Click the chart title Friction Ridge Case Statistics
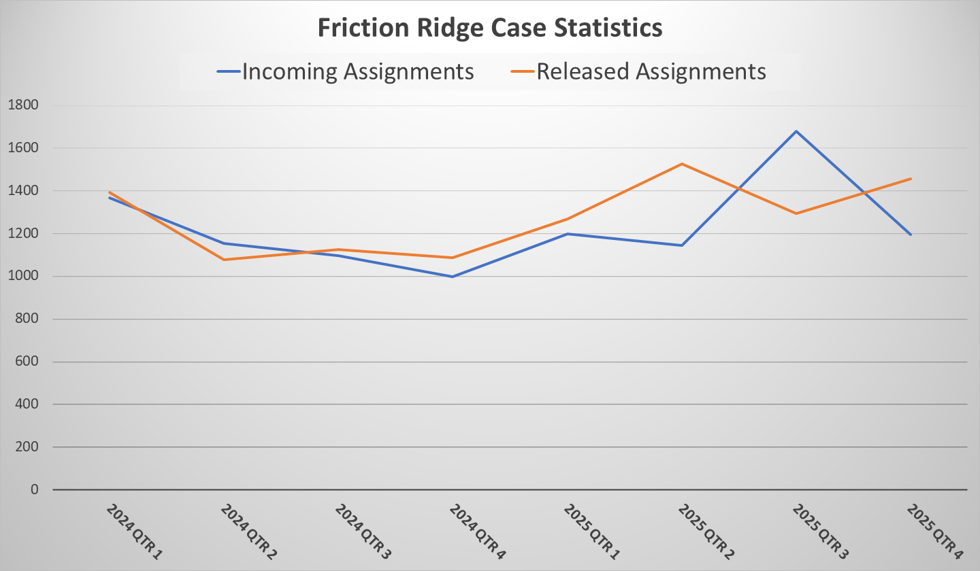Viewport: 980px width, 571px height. [x=490, y=29]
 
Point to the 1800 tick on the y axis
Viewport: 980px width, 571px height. [x=24, y=105]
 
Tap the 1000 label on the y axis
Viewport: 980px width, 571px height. [x=24, y=277]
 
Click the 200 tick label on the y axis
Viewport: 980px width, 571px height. [x=28, y=447]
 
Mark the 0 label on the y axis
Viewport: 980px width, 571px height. [x=35, y=490]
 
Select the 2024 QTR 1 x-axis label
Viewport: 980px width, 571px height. [x=134, y=532]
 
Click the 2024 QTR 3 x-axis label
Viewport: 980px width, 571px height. [x=363, y=532]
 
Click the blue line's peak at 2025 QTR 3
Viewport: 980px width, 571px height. [x=796, y=131]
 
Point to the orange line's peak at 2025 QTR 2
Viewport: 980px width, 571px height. [x=682, y=164]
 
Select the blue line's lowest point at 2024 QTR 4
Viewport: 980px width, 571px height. [x=452, y=277]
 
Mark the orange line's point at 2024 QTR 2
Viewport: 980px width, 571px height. [x=223, y=260]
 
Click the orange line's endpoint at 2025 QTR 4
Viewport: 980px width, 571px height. [x=911, y=179]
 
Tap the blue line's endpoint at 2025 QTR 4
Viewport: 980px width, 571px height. [x=911, y=235]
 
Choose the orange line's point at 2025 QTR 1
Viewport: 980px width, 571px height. [x=567, y=219]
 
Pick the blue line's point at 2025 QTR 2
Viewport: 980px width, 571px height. [x=682, y=245]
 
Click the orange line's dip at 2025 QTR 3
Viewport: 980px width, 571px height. [x=796, y=213]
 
